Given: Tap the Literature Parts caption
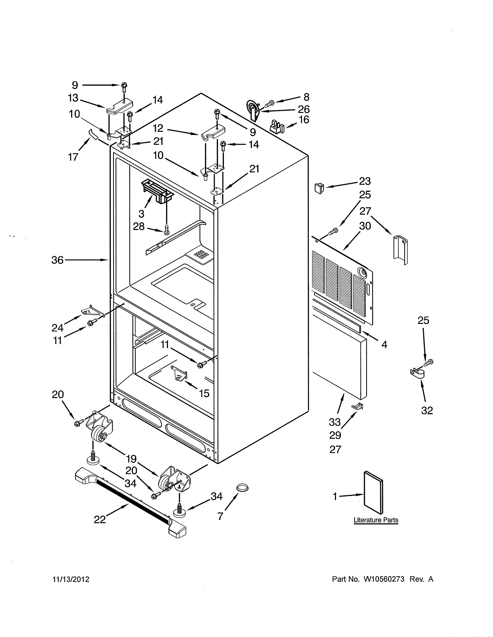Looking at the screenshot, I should (x=376, y=520).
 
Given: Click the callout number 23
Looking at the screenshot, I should (x=365, y=181).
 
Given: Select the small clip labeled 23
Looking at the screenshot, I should (x=319, y=188).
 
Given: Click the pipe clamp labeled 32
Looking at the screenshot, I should (x=418, y=374).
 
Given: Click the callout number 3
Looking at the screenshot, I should (x=141, y=214).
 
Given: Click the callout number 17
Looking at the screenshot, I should (x=73, y=157).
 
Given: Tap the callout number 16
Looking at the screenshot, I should (x=304, y=120).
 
